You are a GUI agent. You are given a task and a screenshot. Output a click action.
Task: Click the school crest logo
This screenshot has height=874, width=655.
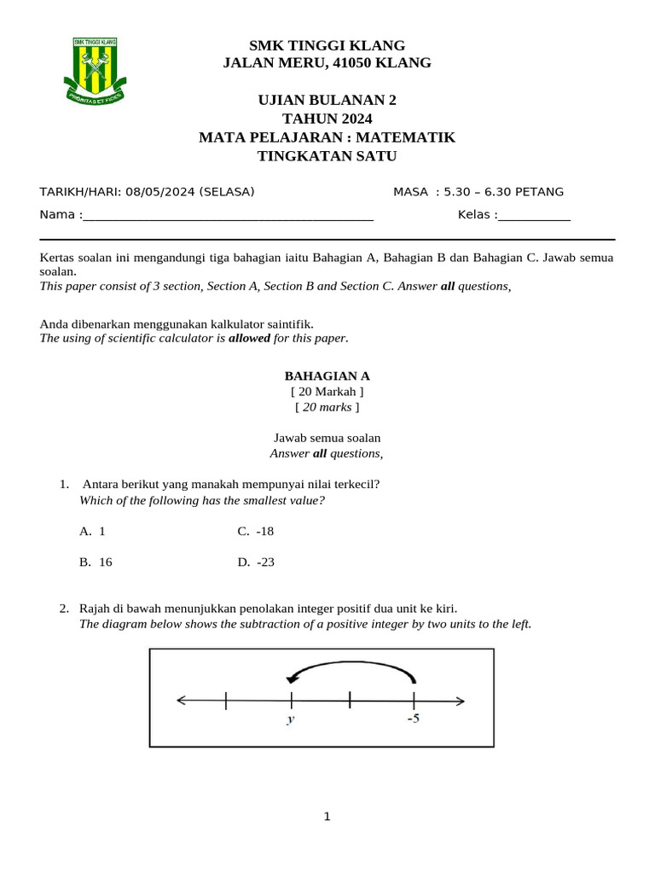95,69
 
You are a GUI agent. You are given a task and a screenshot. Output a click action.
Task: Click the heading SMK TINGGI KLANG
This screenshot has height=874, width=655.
327,45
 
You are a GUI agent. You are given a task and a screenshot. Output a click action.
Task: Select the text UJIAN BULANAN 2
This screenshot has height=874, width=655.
327,100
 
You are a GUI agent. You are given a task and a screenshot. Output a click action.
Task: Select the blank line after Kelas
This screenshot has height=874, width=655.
534,215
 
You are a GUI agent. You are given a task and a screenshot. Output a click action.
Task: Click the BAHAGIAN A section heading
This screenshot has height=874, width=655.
327,376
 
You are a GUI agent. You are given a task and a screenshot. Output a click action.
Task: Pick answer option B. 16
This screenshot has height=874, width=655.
96,562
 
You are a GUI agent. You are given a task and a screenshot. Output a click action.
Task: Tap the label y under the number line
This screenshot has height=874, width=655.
291,720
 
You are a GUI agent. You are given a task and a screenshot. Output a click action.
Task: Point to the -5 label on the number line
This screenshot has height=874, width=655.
413,719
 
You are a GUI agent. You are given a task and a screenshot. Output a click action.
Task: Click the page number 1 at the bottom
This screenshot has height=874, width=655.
327,817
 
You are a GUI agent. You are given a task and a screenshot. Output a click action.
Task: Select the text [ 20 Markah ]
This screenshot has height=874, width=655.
327,391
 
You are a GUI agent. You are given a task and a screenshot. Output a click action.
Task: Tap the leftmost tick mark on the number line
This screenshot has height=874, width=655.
225,701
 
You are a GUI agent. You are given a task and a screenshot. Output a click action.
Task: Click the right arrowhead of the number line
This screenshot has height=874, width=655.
460,702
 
